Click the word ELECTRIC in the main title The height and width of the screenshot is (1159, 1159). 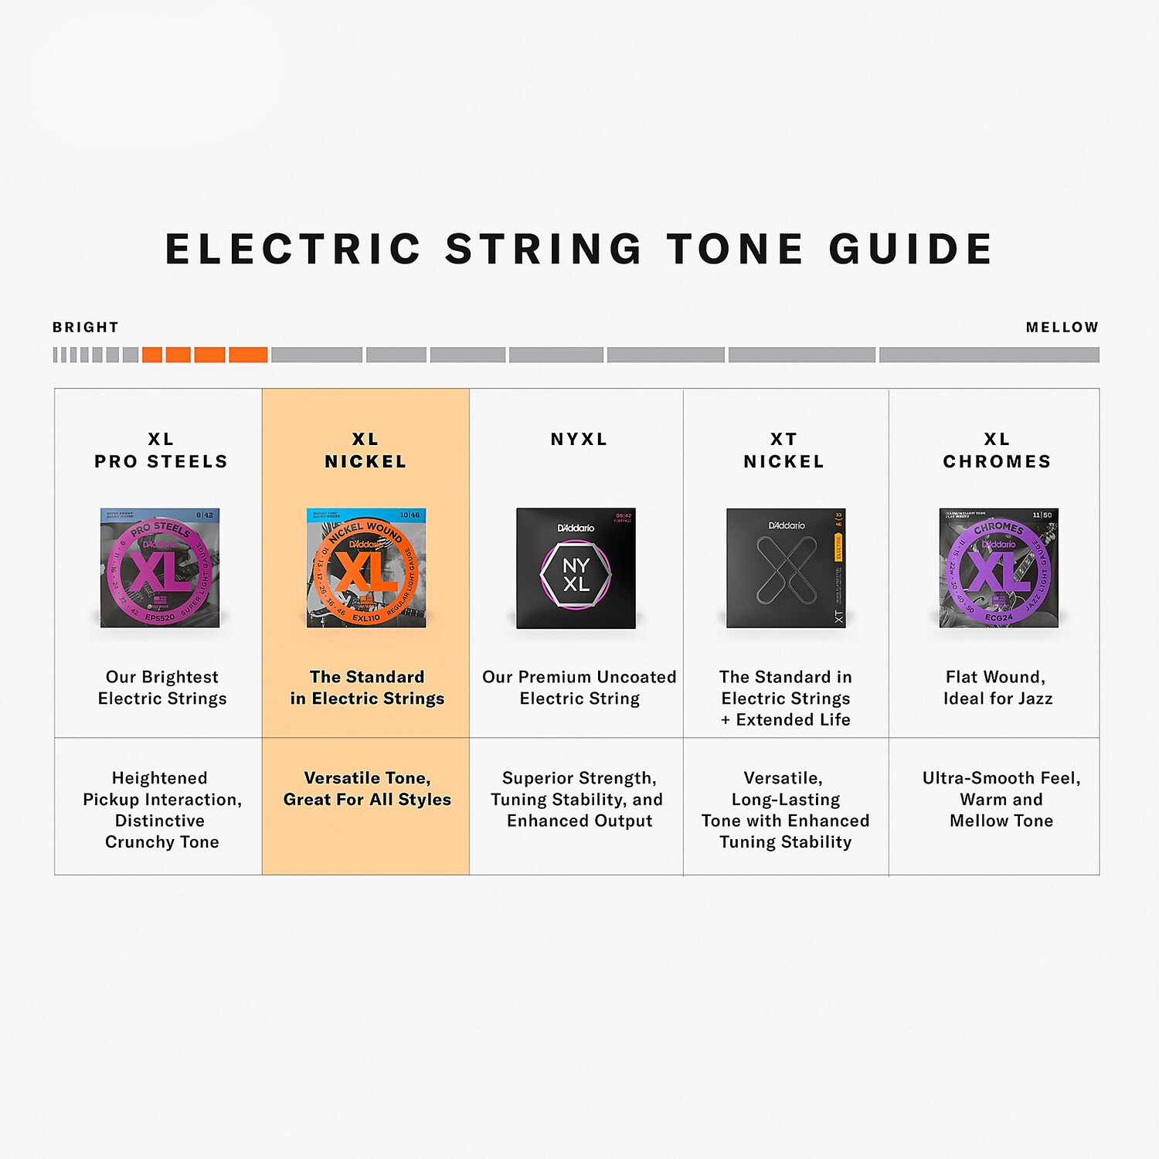pos(293,249)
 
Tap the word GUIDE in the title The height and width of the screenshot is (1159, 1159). pos(911,249)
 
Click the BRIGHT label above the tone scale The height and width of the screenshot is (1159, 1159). pos(86,328)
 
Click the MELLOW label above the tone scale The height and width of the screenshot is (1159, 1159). pos(1062,328)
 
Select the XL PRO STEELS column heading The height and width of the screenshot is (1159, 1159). pos(161,450)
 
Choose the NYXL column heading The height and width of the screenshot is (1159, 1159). pos(579,440)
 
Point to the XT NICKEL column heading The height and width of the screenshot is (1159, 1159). pos(783,450)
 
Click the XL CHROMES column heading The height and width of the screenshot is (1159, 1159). pos(997,450)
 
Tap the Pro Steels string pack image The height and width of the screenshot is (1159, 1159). pos(160,568)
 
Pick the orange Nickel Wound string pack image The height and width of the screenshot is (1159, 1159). pos(366,568)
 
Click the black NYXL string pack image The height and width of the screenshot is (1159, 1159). pos(576,568)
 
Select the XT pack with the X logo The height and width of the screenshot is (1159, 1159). pos(786,568)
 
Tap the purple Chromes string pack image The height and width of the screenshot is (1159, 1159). pos(998,568)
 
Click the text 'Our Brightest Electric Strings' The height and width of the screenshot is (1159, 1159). pos(162,688)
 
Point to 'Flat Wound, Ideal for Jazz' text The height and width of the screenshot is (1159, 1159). pos(998,688)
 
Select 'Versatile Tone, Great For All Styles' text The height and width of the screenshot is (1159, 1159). pos(367,789)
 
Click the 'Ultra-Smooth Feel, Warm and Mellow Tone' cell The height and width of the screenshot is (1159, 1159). pos(1001,799)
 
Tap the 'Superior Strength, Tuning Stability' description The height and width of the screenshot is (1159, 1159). pos(579,799)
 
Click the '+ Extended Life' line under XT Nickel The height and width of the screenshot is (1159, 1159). pos(786,720)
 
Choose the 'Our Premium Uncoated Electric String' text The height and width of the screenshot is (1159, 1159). pos(579,688)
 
